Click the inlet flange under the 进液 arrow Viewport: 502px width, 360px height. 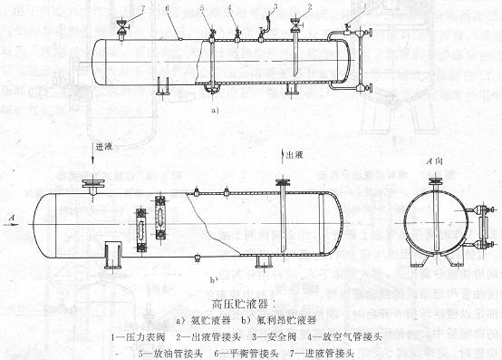[92, 184]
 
